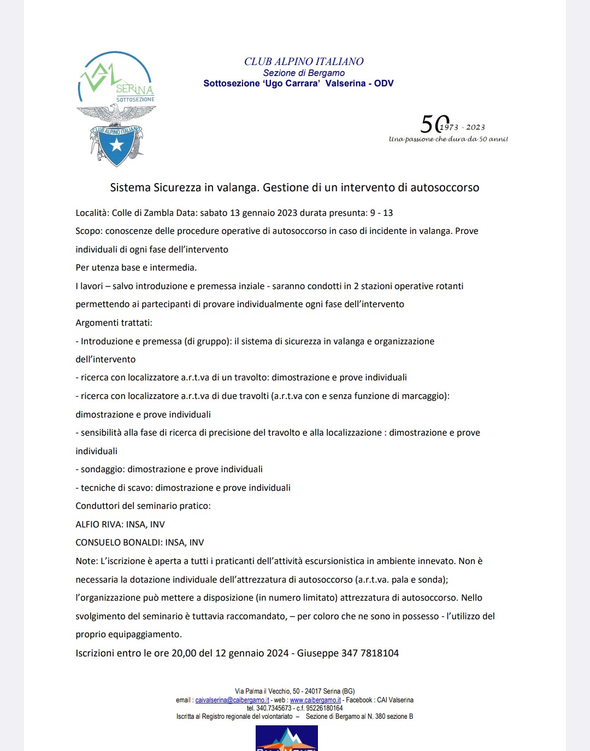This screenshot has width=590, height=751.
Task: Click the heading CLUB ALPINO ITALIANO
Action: [304, 62]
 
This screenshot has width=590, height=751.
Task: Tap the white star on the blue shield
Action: [116, 145]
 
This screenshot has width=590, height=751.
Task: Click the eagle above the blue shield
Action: [116, 114]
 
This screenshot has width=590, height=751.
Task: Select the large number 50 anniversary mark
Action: [434, 125]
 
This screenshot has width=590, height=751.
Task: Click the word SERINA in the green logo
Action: [134, 89]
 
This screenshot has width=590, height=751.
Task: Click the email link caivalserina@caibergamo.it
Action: [232, 700]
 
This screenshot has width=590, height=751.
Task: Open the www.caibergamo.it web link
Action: [315, 700]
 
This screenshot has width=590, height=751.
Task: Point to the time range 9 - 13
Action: [381, 213]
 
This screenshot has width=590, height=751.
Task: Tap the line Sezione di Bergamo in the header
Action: [304, 73]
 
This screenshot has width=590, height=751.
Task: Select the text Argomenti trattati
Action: [114, 323]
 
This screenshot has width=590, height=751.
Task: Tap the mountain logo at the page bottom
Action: [286, 738]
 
